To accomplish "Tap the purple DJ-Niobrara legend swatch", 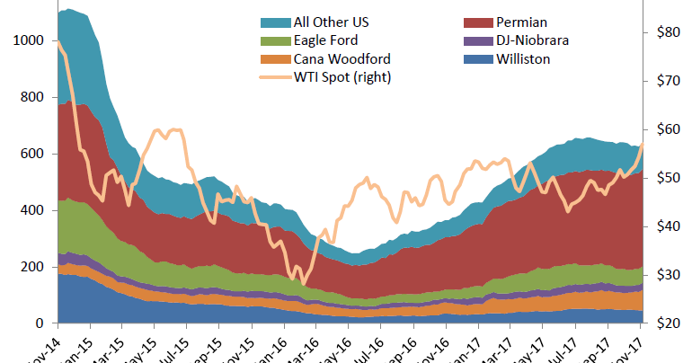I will pyautogui.click(x=476, y=40).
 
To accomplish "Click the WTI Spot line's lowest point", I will pyautogui.click(x=303, y=283).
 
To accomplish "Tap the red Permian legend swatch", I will pyautogui.click(x=476, y=21).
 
